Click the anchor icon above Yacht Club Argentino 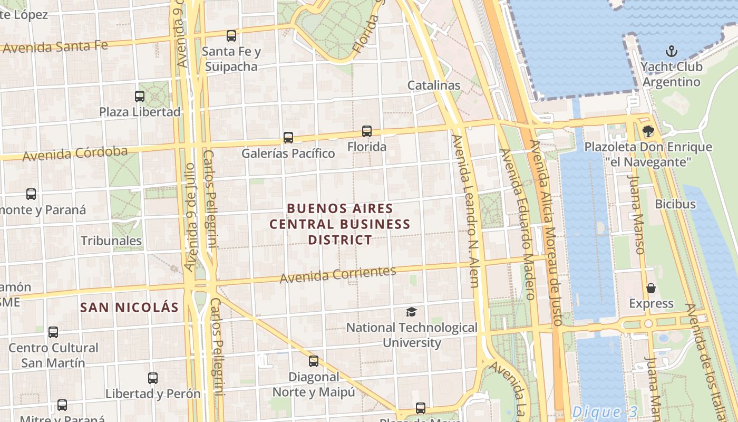click(671, 51)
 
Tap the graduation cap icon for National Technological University click(411, 312)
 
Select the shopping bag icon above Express click(651, 288)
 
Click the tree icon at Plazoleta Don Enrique click(648, 131)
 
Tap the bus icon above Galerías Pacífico click(288, 138)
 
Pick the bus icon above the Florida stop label click(366, 131)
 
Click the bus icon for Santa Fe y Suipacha click(231, 36)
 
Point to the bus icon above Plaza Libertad click(140, 97)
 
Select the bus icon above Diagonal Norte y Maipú click(314, 361)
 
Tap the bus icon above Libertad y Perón click(153, 378)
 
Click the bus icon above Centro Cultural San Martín click(53, 332)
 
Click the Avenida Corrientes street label click(337, 274)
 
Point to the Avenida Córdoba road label click(75, 154)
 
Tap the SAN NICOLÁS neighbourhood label click(129, 308)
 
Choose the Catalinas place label click(434, 85)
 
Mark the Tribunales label click(111, 241)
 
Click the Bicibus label click(675, 204)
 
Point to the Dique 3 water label click(604, 412)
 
